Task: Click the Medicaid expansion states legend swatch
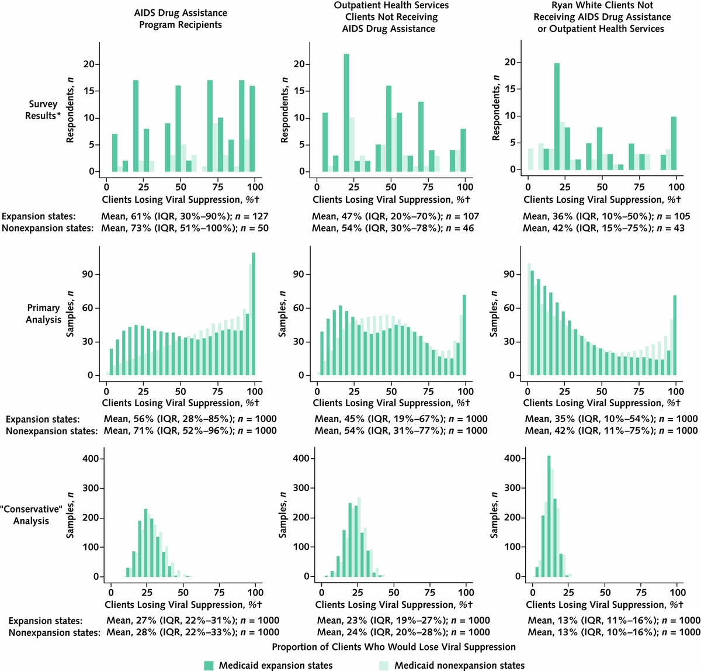tap(209, 665)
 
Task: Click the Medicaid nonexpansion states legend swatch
tap(384, 665)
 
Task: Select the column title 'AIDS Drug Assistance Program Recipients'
tap(181, 19)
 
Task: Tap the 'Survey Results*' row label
tap(41, 110)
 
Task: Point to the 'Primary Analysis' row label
tap(43, 313)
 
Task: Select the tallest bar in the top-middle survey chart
tap(346, 112)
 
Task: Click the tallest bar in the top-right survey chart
tap(557, 116)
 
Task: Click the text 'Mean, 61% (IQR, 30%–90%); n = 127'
tap(185, 216)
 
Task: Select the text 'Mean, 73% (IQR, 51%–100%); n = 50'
tap(185, 228)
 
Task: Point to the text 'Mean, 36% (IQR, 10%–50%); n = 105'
tap(606, 216)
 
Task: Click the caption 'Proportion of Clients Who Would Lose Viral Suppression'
tap(394, 647)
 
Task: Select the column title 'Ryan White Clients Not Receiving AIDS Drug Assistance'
tap(602, 17)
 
